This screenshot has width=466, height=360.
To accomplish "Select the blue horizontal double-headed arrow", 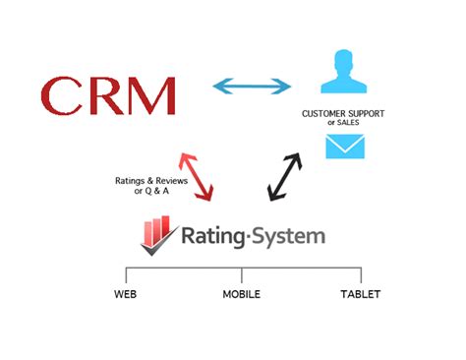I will tap(251, 87).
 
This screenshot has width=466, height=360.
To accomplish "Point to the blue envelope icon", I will tap(346, 146).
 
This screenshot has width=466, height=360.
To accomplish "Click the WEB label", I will tap(125, 294).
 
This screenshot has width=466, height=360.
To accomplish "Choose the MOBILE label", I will tap(241, 294).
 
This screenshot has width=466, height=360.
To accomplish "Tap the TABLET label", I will tap(360, 294).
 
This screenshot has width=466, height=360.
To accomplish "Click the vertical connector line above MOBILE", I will tap(242, 275).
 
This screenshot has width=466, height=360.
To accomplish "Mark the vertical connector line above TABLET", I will tap(361, 275).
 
